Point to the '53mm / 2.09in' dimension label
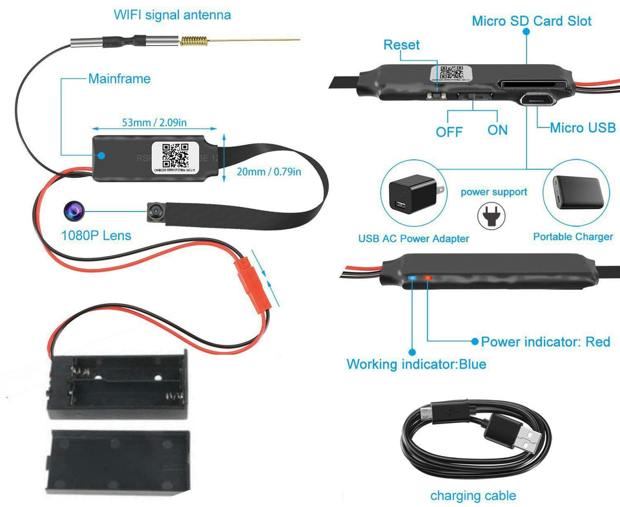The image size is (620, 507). pyautogui.click(x=155, y=122)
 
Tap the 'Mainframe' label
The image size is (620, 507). pyautogui.click(x=119, y=79)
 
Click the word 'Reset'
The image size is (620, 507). pyautogui.click(x=401, y=45)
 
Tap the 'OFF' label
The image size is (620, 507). pyautogui.click(x=449, y=131)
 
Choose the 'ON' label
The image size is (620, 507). pyautogui.click(x=497, y=130)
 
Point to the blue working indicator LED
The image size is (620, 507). pyautogui.click(x=413, y=279)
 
